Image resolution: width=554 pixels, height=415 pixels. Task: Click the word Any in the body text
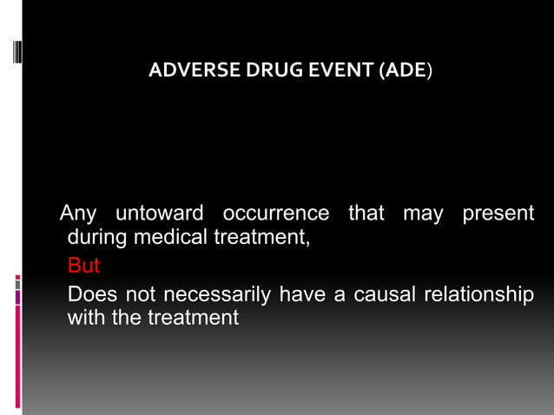(76, 214)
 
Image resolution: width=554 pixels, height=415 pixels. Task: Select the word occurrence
(275, 214)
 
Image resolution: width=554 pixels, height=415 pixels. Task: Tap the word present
(498, 214)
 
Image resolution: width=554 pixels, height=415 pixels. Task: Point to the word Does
(89, 295)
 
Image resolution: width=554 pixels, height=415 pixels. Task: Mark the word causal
(375, 295)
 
